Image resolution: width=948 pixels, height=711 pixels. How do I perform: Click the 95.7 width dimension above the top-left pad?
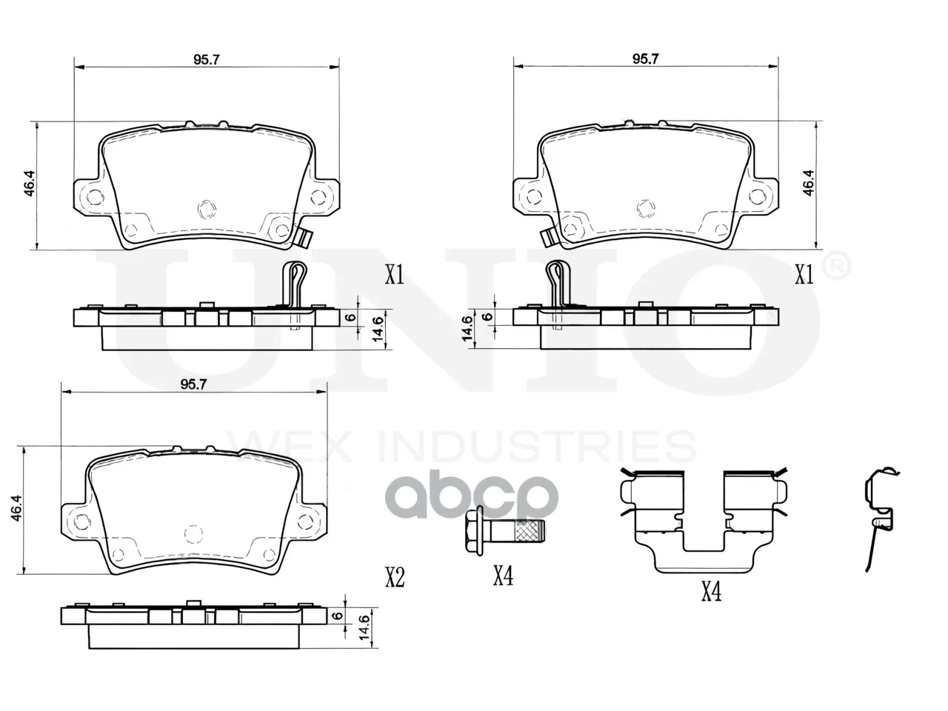[x=207, y=59]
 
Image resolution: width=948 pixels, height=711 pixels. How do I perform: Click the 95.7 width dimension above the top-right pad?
[x=645, y=59]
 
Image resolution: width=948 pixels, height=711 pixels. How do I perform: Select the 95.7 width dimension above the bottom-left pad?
[x=194, y=384]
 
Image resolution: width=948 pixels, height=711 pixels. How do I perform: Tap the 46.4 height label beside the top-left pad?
[x=30, y=184]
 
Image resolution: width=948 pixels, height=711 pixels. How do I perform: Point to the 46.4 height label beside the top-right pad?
[x=808, y=183]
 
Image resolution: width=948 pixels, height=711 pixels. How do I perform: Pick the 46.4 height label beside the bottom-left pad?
[x=16, y=507]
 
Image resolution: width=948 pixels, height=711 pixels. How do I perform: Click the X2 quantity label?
[x=395, y=577]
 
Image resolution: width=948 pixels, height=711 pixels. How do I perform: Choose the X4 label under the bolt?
[x=503, y=575]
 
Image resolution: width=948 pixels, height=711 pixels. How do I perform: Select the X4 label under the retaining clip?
[x=711, y=591]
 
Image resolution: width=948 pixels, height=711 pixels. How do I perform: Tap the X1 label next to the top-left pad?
[x=394, y=275]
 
